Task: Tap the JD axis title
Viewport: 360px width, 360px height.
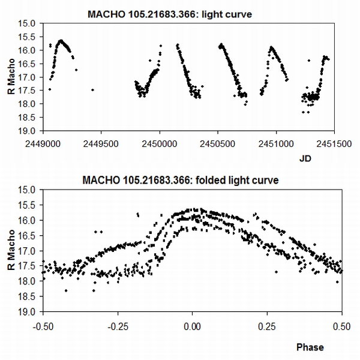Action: tap(305, 160)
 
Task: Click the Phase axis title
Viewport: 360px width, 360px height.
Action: tap(310, 347)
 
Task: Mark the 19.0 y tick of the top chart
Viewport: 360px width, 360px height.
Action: tap(30, 131)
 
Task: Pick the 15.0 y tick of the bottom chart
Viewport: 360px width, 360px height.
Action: tap(30, 190)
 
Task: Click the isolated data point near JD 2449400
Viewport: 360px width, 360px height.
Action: tap(92, 90)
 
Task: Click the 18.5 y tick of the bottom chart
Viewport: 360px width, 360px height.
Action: tap(30, 296)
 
